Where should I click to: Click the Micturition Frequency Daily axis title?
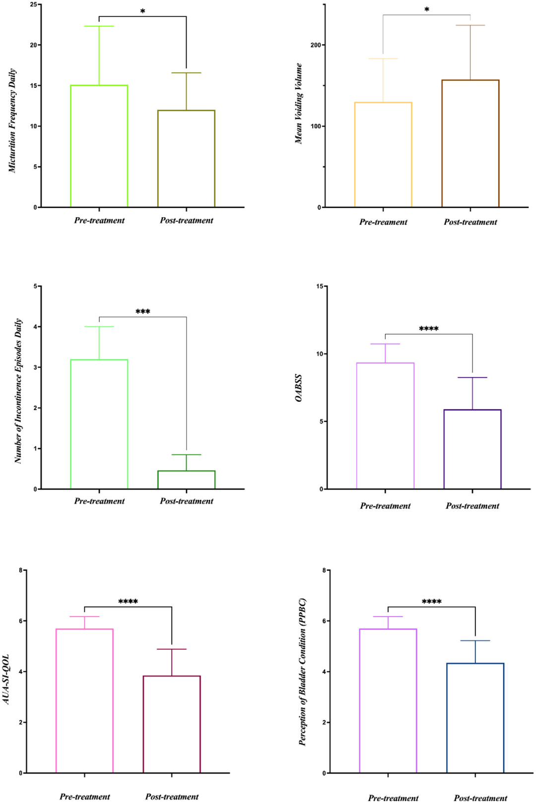click(x=12, y=121)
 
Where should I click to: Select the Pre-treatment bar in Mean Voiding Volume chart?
click(x=383, y=155)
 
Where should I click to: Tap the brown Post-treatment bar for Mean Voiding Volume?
click(x=470, y=144)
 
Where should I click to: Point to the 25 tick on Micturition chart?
click(x=33, y=4)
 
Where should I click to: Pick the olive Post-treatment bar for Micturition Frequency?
click(x=186, y=159)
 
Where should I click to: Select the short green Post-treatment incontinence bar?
click(x=186, y=480)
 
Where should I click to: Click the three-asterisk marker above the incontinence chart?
click(x=143, y=312)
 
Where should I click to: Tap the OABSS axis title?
click(x=299, y=388)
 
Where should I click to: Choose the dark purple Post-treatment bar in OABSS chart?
click(x=472, y=449)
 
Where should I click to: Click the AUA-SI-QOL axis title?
click(x=6, y=679)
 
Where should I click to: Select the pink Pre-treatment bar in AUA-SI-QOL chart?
click(x=84, y=701)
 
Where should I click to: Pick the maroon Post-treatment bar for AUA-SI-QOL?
click(x=172, y=724)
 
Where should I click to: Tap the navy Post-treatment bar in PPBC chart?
click(x=475, y=718)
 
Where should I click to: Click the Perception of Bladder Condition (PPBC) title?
click(x=302, y=672)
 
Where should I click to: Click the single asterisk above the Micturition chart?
click(x=142, y=11)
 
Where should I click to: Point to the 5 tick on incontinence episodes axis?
click(x=35, y=286)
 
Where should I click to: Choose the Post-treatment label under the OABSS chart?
click(x=472, y=506)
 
